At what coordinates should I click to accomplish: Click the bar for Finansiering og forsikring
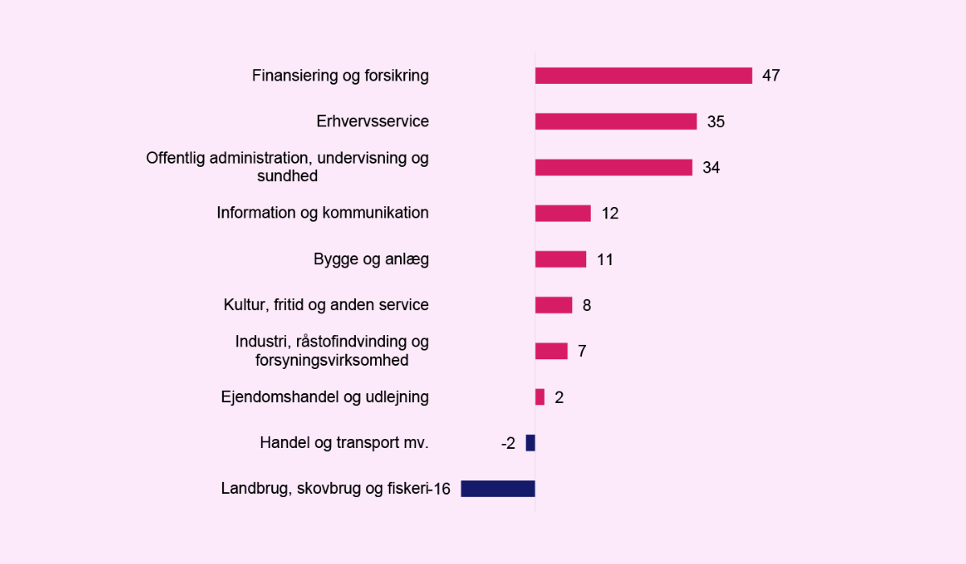point(643,76)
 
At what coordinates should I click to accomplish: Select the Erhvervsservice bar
point(616,122)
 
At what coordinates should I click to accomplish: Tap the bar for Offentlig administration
point(613,168)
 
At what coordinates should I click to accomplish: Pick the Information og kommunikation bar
point(563,214)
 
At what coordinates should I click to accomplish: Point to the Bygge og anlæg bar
point(560,259)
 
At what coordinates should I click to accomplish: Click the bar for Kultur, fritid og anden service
point(554,305)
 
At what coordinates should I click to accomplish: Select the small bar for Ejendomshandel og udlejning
point(540,397)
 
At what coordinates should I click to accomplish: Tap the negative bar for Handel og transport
point(530,443)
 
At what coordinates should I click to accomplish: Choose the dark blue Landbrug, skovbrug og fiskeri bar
point(497,489)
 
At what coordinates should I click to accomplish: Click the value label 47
point(771,76)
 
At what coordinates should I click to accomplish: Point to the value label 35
point(716,122)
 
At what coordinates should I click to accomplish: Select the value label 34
point(711,168)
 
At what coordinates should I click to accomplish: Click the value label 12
point(609,214)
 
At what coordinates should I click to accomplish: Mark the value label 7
point(582,351)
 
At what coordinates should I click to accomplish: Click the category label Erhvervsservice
point(372,122)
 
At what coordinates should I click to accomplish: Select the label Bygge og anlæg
point(370,259)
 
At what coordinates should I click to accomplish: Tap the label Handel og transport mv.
point(344,443)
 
